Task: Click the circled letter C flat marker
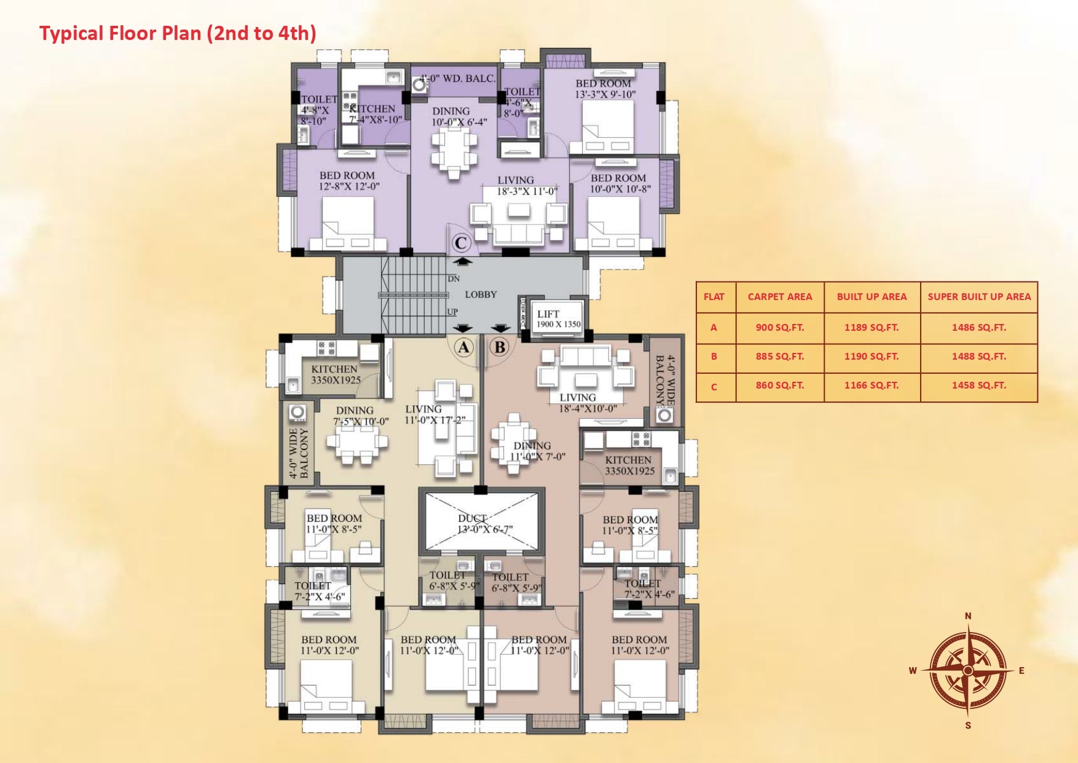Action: click(462, 243)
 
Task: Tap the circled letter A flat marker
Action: click(463, 347)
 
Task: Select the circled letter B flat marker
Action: click(500, 347)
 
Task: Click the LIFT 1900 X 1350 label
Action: click(558, 318)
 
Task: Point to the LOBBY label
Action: click(481, 295)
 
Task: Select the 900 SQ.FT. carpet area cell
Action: click(779, 328)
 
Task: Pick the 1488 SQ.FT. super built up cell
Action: click(978, 357)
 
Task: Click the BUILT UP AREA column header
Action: click(871, 297)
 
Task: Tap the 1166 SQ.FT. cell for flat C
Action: click(871, 386)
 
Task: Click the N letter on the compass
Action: click(968, 616)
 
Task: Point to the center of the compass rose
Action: click(968, 670)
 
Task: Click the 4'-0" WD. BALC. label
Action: click(458, 79)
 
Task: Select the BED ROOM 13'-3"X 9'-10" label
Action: click(604, 89)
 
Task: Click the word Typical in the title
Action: click(71, 33)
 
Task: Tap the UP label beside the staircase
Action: click(452, 312)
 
